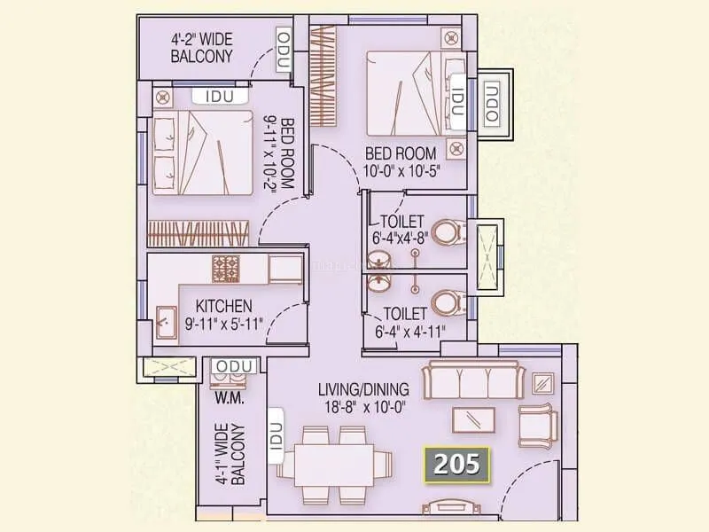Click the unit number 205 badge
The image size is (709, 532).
click(457, 463)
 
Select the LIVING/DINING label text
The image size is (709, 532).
click(363, 389)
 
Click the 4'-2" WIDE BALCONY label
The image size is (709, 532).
click(202, 47)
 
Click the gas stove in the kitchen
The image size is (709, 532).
click(226, 265)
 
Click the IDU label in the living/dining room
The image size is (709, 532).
click(275, 434)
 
